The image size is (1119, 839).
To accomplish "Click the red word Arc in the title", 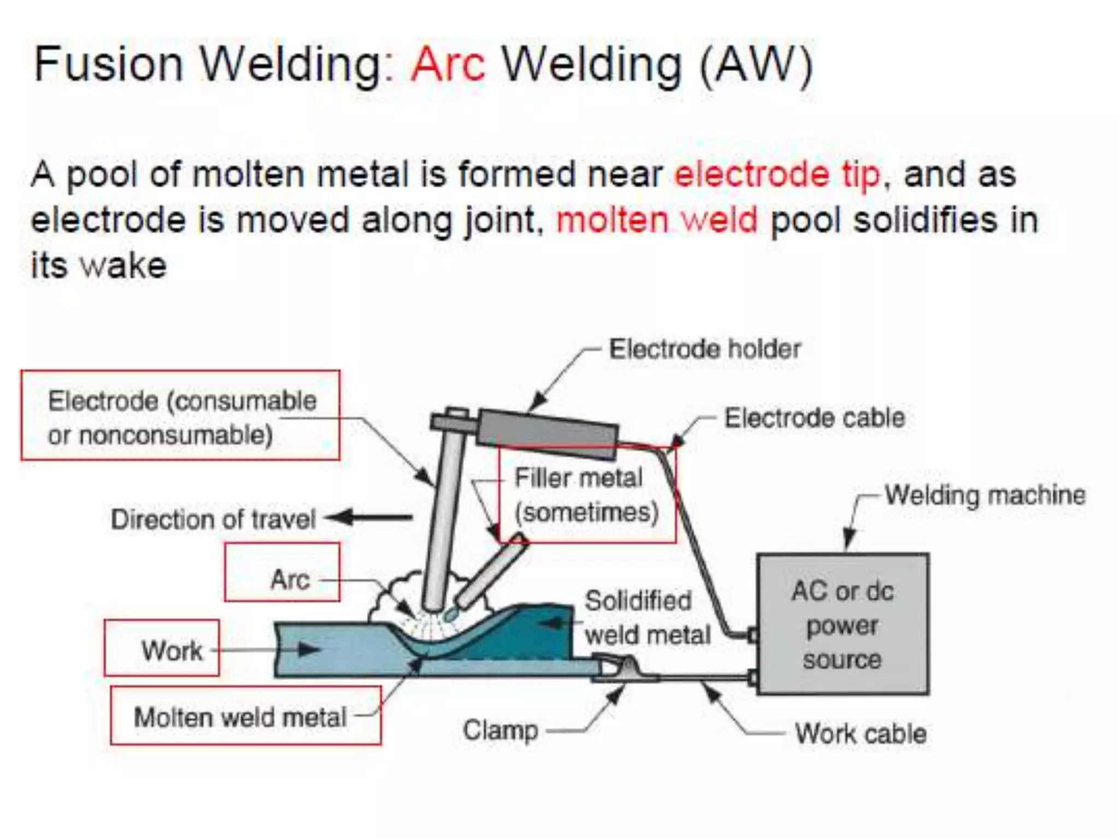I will [448, 64].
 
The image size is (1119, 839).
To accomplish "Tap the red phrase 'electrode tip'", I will [777, 175].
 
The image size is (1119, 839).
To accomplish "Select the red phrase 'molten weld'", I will [657, 220].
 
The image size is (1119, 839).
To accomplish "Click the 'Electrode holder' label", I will [704, 350].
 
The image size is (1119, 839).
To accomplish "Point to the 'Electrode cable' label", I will [814, 418].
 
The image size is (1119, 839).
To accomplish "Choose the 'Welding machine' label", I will [985, 495].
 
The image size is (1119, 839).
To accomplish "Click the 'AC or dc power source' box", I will [842, 624].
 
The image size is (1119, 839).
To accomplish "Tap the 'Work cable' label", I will [861, 734].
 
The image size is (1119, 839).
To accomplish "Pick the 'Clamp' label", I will [500, 730].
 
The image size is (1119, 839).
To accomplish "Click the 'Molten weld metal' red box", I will [245, 716].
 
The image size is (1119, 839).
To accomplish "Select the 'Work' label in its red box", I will [162, 648].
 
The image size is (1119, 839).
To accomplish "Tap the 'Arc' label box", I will [282, 572].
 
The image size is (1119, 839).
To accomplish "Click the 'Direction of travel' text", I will [213, 519].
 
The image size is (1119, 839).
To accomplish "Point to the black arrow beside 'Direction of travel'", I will [370, 517].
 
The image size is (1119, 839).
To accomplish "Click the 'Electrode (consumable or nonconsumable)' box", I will [180, 416].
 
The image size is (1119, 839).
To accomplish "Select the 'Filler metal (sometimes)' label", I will [586, 495].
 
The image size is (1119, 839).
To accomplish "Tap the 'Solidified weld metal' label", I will [647, 618].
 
